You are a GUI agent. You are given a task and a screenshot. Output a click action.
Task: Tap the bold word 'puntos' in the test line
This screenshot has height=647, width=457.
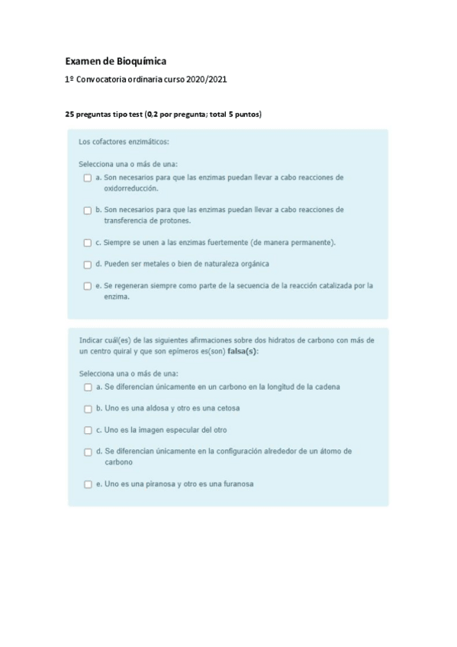coord(246,114)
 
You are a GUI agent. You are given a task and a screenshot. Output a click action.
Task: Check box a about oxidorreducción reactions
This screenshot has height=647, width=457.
coord(88,178)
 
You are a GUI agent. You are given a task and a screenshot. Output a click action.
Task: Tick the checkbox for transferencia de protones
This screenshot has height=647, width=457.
coord(88,210)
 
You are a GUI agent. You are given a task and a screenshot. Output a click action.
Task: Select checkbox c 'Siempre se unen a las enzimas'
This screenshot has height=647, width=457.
coord(88,243)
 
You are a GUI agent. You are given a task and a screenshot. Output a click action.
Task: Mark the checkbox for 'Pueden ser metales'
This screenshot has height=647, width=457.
coord(88,264)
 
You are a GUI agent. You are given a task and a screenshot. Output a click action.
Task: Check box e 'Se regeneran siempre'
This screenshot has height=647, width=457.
coord(88,286)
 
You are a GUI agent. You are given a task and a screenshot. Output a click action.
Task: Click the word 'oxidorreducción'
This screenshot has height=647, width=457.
coord(131,188)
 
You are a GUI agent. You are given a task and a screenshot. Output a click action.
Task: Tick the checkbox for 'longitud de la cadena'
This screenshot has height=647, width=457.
coord(88,387)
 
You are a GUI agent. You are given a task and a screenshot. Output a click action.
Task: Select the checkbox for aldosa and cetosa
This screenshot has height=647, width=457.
coord(88,409)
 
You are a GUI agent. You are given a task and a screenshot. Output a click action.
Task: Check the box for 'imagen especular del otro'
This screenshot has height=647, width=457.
coord(88,430)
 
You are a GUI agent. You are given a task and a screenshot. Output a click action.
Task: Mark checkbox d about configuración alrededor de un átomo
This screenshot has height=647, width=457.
coord(88,452)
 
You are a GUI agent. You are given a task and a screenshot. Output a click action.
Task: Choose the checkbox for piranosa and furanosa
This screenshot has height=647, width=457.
coord(88,484)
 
